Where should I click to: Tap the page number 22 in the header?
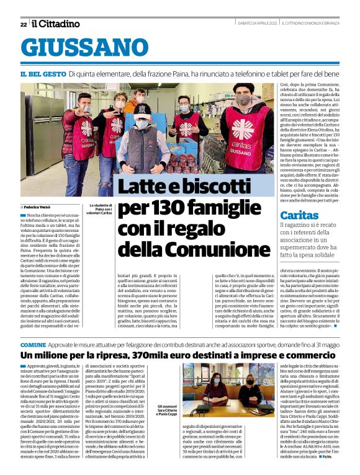[23, 24]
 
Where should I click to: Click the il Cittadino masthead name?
[56, 24]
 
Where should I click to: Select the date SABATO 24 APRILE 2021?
[257, 24]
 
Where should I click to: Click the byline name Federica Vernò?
[39, 206]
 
